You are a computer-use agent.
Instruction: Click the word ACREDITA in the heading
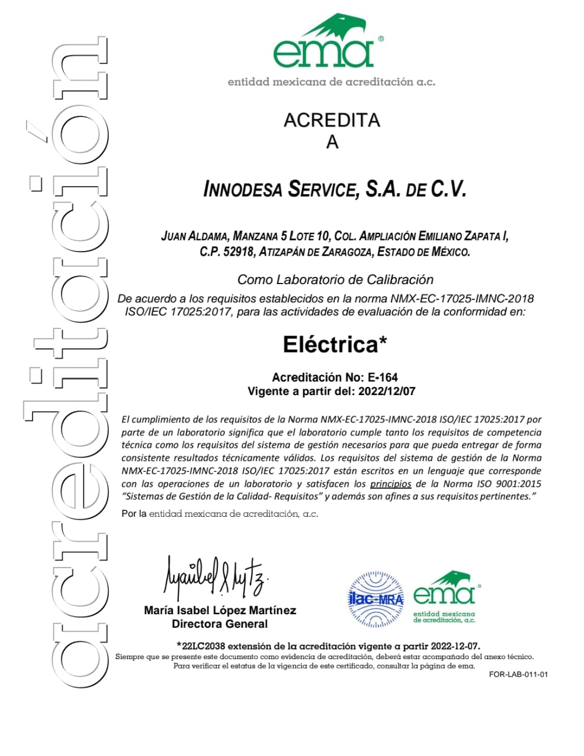click(332, 120)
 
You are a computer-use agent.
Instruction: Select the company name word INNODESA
click(243, 190)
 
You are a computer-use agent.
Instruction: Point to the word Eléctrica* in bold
click(335, 344)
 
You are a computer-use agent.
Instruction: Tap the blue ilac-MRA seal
click(375, 599)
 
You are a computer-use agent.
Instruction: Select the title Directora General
click(220, 624)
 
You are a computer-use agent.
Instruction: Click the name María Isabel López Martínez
click(220, 610)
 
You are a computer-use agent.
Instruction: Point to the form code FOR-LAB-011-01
click(518, 674)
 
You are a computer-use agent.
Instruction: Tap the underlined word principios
click(390, 484)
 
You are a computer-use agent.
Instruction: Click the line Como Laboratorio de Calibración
click(335, 279)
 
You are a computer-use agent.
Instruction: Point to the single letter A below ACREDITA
click(332, 142)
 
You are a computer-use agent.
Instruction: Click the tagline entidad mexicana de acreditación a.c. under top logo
click(331, 82)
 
